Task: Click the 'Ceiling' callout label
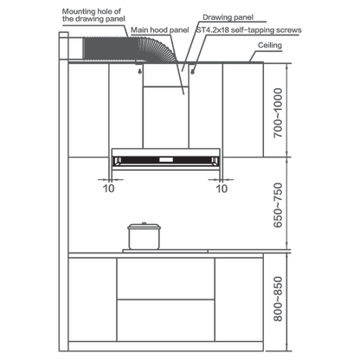pyautogui.click(x=270, y=45)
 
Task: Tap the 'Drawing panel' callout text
pyautogui.click(x=228, y=17)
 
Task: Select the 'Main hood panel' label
pyautogui.click(x=160, y=30)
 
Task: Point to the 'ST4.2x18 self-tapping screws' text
pyautogui.click(x=249, y=30)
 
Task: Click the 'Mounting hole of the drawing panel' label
pyautogui.click(x=93, y=16)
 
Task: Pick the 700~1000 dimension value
pyautogui.click(x=278, y=112)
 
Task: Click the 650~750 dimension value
pyautogui.click(x=278, y=205)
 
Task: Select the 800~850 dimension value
pyautogui.click(x=278, y=299)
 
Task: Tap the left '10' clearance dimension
pyautogui.click(x=109, y=189)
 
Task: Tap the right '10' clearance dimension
pyautogui.click(x=222, y=189)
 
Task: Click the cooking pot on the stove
pyautogui.click(x=144, y=236)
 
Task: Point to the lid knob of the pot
pyautogui.click(x=144, y=223)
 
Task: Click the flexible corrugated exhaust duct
pyautogui.click(x=129, y=48)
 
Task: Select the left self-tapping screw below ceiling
pyautogui.click(x=140, y=71)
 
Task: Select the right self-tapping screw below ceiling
pyautogui.click(x=192, y=71)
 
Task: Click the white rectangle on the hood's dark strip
pyautogui.click(x=166, y=159)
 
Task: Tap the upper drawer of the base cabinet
pyautogui.click(x=165, y=279)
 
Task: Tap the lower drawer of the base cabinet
pyautogui.click(x=165, y=320)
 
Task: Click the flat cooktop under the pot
pyautogui.click(x=165, y=251)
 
